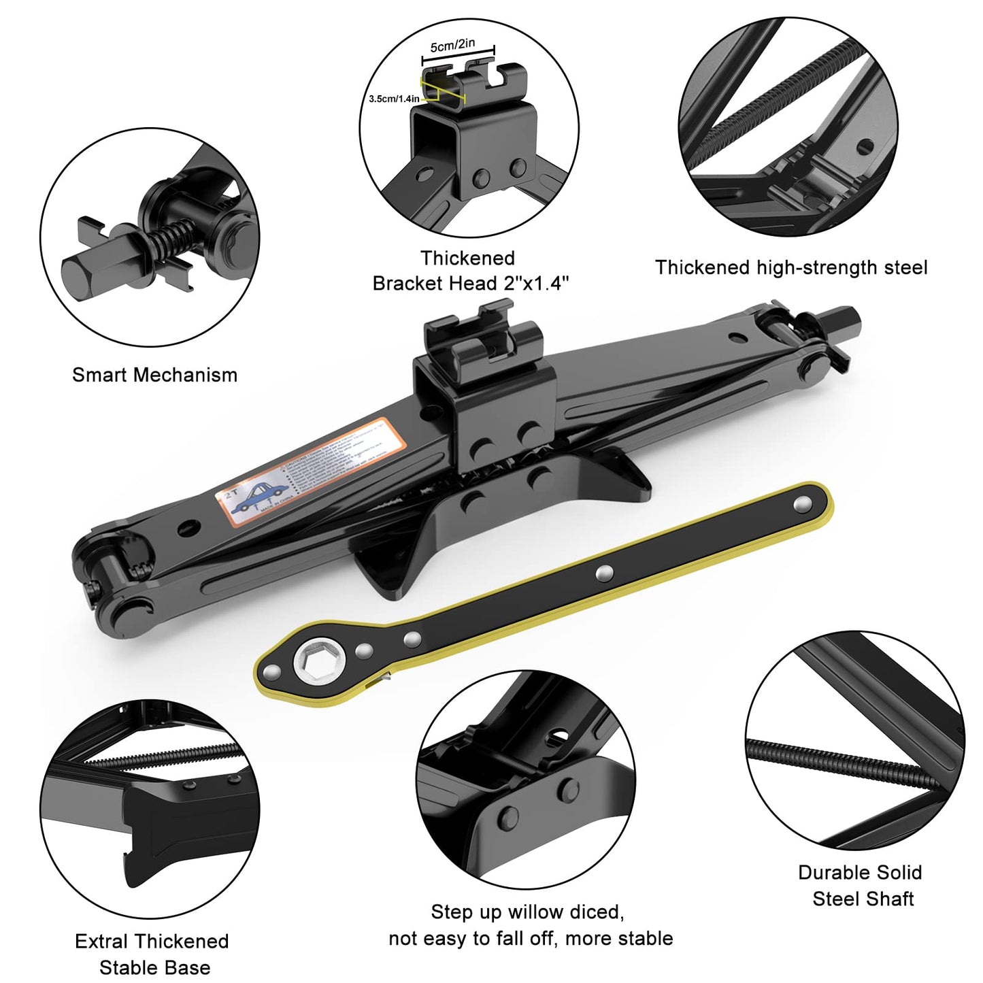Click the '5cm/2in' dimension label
(462, 46)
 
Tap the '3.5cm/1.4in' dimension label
(394, 99)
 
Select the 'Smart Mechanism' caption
(154, 375)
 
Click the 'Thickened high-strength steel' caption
(790, 267)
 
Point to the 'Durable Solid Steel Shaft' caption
(861, 885)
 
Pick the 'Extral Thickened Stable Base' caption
(153, 954)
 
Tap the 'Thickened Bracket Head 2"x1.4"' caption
(469, 271)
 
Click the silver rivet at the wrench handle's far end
(803, 503)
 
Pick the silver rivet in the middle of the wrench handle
(602, 574)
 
